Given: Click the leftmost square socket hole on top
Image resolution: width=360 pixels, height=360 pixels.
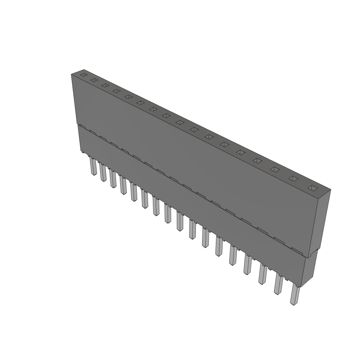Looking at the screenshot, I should click(x=83, y=75).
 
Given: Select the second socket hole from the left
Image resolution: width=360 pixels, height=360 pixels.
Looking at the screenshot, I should click(x=94, y=80).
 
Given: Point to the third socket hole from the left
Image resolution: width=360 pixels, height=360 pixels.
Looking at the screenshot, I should click(x=105, y=85).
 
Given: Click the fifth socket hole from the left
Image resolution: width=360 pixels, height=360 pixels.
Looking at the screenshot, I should click(x=128, y=97).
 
